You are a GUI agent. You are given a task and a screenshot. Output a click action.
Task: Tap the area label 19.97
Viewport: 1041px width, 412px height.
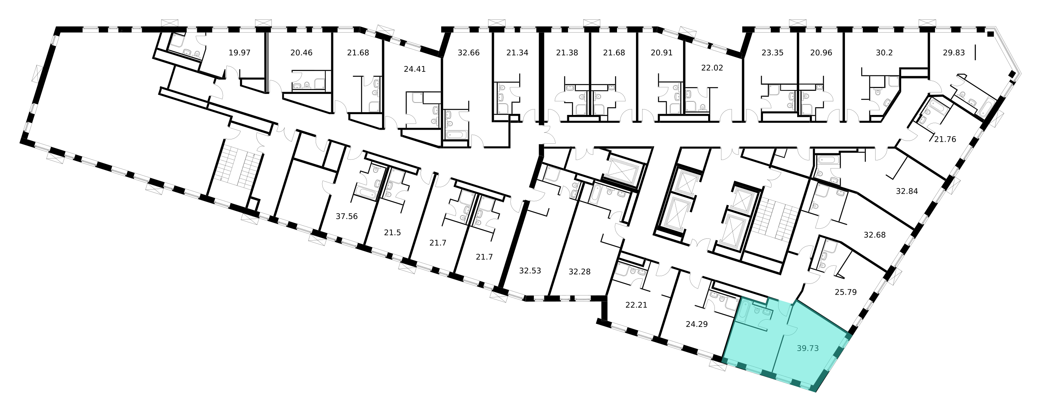239,52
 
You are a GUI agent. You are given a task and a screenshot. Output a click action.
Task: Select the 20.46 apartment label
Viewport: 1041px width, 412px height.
301,52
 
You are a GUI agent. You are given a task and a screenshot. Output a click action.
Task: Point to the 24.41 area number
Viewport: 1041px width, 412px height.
415,69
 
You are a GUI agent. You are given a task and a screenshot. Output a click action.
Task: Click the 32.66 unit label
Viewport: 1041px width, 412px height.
468,52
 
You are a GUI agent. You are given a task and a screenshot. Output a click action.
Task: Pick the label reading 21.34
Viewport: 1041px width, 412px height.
517,52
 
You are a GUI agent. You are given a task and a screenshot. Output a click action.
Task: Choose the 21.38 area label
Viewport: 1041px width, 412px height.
567,52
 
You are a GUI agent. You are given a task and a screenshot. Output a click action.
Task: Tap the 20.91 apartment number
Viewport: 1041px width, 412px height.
662,52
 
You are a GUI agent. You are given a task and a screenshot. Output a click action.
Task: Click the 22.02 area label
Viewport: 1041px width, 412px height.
712,68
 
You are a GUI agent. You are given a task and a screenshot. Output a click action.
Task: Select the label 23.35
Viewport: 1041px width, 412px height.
772,52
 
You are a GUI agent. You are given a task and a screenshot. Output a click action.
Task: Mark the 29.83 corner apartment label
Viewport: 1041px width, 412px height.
954,52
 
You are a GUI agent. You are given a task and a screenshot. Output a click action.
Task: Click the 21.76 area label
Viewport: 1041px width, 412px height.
945,139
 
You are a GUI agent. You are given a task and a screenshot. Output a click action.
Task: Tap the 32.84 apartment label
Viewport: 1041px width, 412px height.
907,191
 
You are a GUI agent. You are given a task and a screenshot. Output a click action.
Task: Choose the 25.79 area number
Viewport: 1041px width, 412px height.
845,292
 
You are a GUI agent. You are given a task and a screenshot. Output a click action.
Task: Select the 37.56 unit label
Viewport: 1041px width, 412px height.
347,216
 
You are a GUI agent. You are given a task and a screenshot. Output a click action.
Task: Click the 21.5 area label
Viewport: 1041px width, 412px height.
392,233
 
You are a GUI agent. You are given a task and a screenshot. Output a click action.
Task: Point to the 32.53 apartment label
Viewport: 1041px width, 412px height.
530,271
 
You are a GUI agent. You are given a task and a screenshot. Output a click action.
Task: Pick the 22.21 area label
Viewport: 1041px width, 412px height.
636,305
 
